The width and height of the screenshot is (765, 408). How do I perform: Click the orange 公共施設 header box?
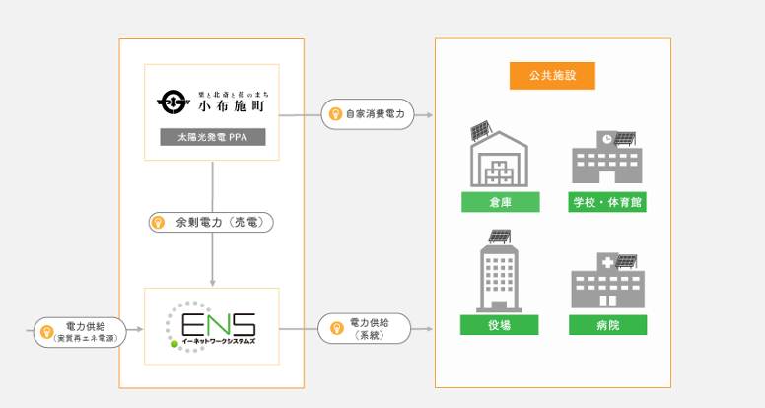pos(553,75)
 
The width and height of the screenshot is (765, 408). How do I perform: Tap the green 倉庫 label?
pos(500,203)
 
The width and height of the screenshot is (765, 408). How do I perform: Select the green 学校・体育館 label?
pos(608,203)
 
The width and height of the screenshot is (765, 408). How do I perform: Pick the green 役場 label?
pos(500,325)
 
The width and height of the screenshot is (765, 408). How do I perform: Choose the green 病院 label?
pos(608,325)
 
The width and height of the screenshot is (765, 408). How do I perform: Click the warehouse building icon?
pos(500,158)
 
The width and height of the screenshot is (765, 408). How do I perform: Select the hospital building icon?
pos(607,282)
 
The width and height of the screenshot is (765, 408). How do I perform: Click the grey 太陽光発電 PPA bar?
pos(212,138)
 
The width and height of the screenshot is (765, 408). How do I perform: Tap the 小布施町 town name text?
pos(233,103)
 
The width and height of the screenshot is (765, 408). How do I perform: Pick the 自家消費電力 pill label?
pos(368,114)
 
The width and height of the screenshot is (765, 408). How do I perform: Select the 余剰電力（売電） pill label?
pos(210,223)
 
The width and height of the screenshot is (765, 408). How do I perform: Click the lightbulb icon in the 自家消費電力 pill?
pos(335,114)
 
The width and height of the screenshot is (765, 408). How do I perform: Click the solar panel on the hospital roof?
pos(626,261)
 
